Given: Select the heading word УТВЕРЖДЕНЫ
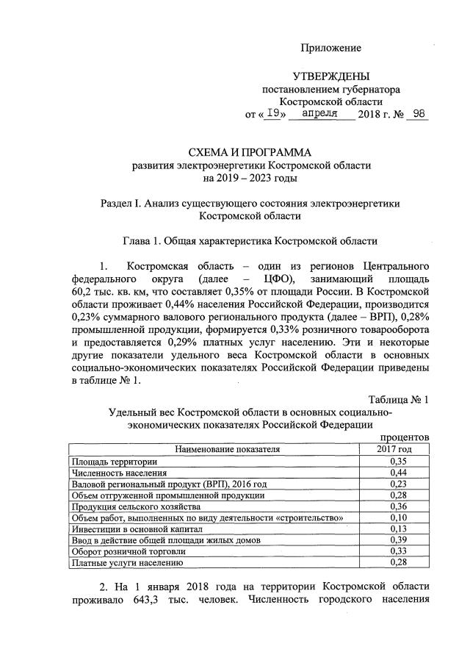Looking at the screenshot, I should (x=331, y=76).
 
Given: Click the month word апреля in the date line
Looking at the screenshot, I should (x=320, y=114).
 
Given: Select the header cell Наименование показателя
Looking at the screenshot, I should (x=217, y=449).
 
